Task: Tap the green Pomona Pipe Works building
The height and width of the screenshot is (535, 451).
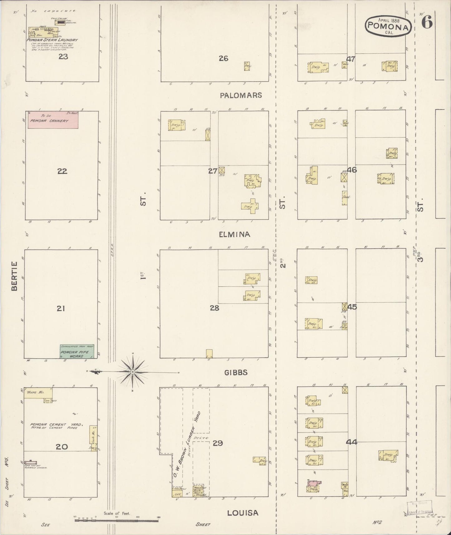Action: coord(77,351)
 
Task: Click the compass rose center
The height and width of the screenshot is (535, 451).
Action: coord(133,372)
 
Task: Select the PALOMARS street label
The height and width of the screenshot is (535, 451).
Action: coord(241,96)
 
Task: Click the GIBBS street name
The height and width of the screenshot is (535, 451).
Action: coord(236,372)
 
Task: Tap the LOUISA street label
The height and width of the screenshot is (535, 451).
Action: coord(242,513)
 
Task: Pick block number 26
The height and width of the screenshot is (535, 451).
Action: coord(223,58)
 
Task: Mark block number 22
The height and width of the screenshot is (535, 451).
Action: coord(62,171)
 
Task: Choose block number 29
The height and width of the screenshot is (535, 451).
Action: coord(218,443)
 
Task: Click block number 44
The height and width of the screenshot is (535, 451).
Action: coord(351,442)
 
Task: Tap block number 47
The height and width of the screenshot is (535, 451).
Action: coord(351,59)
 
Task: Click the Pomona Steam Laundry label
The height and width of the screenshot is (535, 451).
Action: coord(52,40)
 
